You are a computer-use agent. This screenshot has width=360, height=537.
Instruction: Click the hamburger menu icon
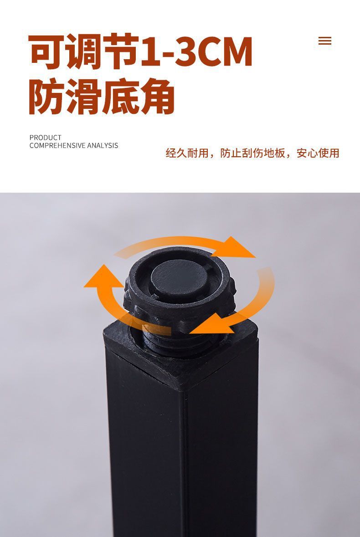pos(325,41)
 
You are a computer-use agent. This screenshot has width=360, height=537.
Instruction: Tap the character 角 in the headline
pos(157,96)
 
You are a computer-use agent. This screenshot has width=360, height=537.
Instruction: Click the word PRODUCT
pos(45,138)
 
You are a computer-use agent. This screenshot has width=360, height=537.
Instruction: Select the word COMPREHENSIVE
pos(57,146)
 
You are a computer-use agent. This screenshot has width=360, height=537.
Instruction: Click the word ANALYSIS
pos(103,146)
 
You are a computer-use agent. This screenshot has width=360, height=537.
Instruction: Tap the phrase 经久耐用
pos(187,153)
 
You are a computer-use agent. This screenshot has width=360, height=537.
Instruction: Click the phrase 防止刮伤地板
pos(253,153)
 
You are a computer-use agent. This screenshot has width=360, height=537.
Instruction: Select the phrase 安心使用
pos(318,153)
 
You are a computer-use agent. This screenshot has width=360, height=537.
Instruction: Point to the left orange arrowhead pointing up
pos(103,276)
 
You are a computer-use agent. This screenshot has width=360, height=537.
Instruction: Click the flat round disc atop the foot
pos(179,278)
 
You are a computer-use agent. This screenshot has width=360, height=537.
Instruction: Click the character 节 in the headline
pos(121,51)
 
